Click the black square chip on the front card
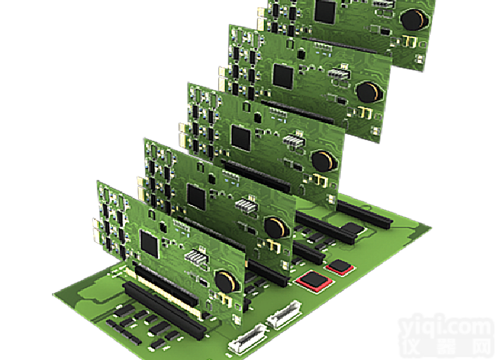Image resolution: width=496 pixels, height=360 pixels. click(151, 243)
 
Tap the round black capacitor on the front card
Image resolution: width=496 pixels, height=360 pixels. click(227, 282)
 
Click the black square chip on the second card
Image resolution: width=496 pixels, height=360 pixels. click(197, 196)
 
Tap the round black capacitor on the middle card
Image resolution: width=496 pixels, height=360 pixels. click(322, 161)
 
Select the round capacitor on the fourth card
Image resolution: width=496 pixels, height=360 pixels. click(367, 91)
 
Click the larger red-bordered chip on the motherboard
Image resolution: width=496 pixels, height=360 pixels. click(314, 280)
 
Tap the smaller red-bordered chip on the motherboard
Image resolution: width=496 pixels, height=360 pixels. click(340, 267)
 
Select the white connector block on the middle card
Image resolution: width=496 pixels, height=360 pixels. click(293, 141)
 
